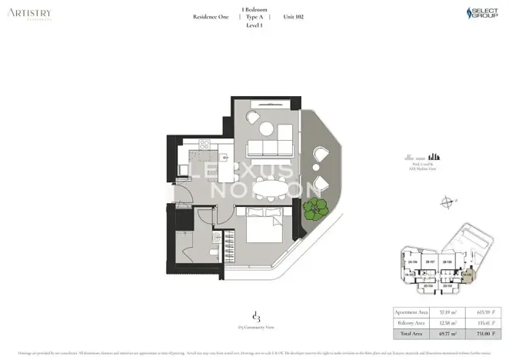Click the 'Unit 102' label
click(294, 16)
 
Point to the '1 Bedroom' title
click(254, 8)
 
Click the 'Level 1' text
click(254, 25)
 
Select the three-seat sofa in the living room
click(270, 148)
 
